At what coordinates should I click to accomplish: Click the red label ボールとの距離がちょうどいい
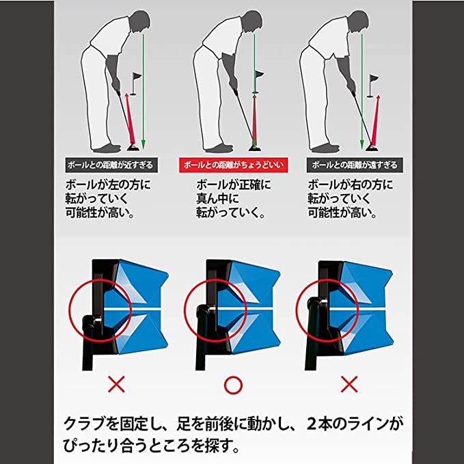tap(233, 165)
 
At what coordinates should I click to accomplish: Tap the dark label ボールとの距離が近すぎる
tap(111, 165)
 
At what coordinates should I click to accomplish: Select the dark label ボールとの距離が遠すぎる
tap(355, 165)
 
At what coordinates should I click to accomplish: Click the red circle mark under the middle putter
tap(233, 385)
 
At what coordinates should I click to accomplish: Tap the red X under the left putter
tap(117, 385)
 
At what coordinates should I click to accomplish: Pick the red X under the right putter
tap(349, 384)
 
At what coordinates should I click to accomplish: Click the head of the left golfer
tap(140, 22)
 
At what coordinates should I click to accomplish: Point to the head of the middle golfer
tap(252, 22)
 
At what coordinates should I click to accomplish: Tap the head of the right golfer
tap(358, 22)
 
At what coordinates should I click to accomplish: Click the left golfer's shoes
tap(107, 148)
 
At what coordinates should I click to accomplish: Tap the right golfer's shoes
tap(325, 148)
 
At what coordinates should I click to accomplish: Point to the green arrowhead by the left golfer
tap(144, 145)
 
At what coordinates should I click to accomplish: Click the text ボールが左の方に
tap(108, 185)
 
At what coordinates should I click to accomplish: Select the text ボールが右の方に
tap(351, 185)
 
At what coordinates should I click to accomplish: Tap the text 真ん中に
tap(217, 199)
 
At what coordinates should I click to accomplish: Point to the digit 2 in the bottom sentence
tap(312, 424)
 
